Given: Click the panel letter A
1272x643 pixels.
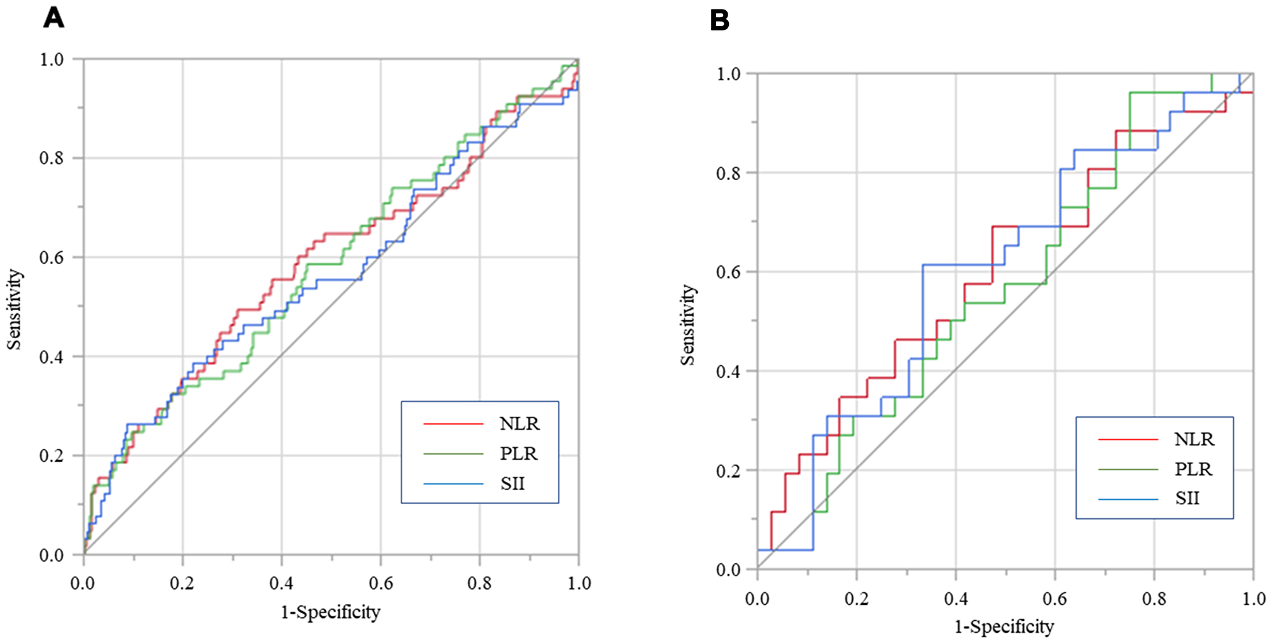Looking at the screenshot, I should click(53, 18).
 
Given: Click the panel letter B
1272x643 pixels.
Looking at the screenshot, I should click(719, 20).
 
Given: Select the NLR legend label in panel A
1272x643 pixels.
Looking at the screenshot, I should click(519, 424).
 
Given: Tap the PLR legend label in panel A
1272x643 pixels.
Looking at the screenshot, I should click(518, 454).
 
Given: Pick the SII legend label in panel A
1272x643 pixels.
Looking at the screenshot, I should click(512, 484).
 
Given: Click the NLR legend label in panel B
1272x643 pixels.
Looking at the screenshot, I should click(1194, 439).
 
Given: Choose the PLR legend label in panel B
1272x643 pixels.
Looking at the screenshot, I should click(1193, 469).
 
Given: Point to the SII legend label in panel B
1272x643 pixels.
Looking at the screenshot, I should click(1187, 498).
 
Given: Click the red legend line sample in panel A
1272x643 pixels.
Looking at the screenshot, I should click(453, 424).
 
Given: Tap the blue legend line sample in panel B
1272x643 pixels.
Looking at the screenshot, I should click(1128, 499).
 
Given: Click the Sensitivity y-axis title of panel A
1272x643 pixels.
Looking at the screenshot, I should click(14, 309).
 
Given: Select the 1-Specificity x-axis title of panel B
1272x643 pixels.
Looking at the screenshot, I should click(1004, 626).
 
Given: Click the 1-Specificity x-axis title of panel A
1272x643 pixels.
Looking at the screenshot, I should click(331, 612).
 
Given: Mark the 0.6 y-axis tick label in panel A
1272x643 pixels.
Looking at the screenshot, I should click(52, 257).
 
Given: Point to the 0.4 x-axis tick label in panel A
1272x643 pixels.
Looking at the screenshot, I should click(281, 583).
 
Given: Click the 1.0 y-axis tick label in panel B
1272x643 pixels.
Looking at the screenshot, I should click(729, 74).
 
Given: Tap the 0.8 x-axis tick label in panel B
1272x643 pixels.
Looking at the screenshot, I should click(1154, 598).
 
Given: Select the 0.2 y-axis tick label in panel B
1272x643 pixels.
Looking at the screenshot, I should click(729, 470).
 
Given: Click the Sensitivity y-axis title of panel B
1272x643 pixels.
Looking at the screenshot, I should click(688, 325).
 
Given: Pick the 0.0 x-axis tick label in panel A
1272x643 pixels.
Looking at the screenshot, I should click(83, 583).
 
